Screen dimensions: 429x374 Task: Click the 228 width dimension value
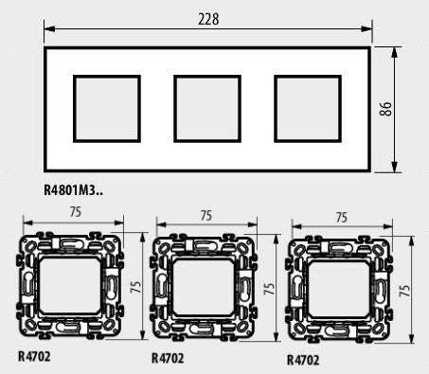point(208,19)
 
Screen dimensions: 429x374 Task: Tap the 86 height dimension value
point(386,109)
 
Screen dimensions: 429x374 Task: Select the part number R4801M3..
point(73,190)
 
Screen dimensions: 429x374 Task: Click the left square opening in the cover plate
point(107,109)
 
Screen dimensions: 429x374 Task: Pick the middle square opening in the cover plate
point(207,109)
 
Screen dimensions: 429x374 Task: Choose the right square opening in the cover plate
point(308,109)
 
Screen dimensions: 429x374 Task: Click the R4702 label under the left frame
point(34,357)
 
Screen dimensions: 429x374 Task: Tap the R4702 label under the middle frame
point(168,358)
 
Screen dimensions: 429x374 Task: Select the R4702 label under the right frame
point(303,360)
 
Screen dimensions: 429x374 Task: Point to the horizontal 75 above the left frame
point(76,212)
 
